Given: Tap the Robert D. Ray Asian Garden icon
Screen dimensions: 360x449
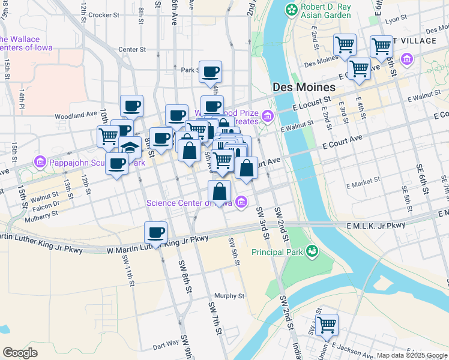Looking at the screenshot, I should tap(291, 10).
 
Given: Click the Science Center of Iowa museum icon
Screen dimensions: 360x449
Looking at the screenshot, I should tap(241, 202).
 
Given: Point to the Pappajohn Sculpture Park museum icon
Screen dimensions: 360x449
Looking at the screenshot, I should tap(40, 161).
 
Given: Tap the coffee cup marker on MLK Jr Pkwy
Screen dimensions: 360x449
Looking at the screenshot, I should tap(155, 233).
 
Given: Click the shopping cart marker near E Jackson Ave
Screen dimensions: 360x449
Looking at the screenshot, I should tap(327, 325).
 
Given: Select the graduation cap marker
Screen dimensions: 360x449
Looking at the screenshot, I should tap(130, 148).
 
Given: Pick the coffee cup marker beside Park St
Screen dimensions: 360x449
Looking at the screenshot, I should tap(210, 72).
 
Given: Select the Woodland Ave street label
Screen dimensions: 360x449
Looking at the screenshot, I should tap(75, 114).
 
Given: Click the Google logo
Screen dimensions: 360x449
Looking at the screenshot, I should tap(20, 352).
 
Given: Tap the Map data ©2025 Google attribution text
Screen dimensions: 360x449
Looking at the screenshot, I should tap(411, 355).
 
